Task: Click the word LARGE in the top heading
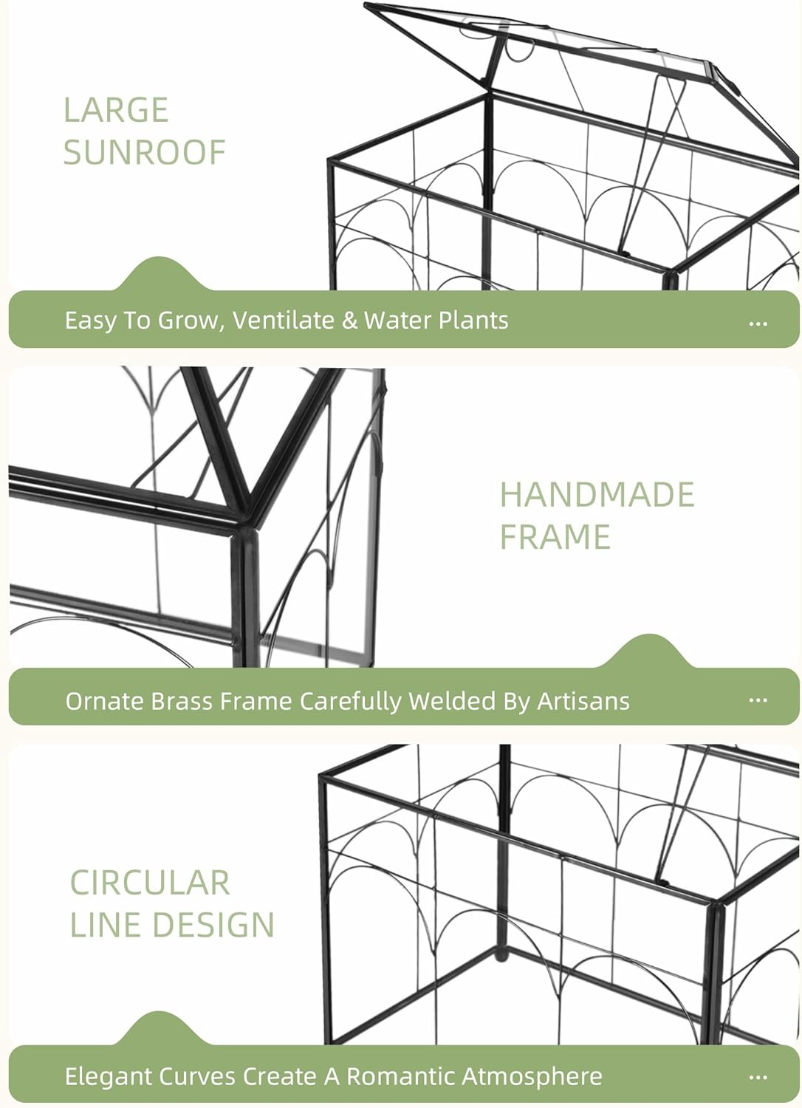point(116,111)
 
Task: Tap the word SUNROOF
point(144,153)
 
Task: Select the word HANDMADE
point(597,495)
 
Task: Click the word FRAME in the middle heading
point(555,537)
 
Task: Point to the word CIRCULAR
point(150,883)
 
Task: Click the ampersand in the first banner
point(349,321)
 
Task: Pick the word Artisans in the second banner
point(583,701)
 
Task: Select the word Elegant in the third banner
point(106,1076)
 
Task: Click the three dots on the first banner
point(758,324)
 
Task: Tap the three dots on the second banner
point(758,700)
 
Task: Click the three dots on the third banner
point(758,1078)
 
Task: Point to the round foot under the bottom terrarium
point(501,955)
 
